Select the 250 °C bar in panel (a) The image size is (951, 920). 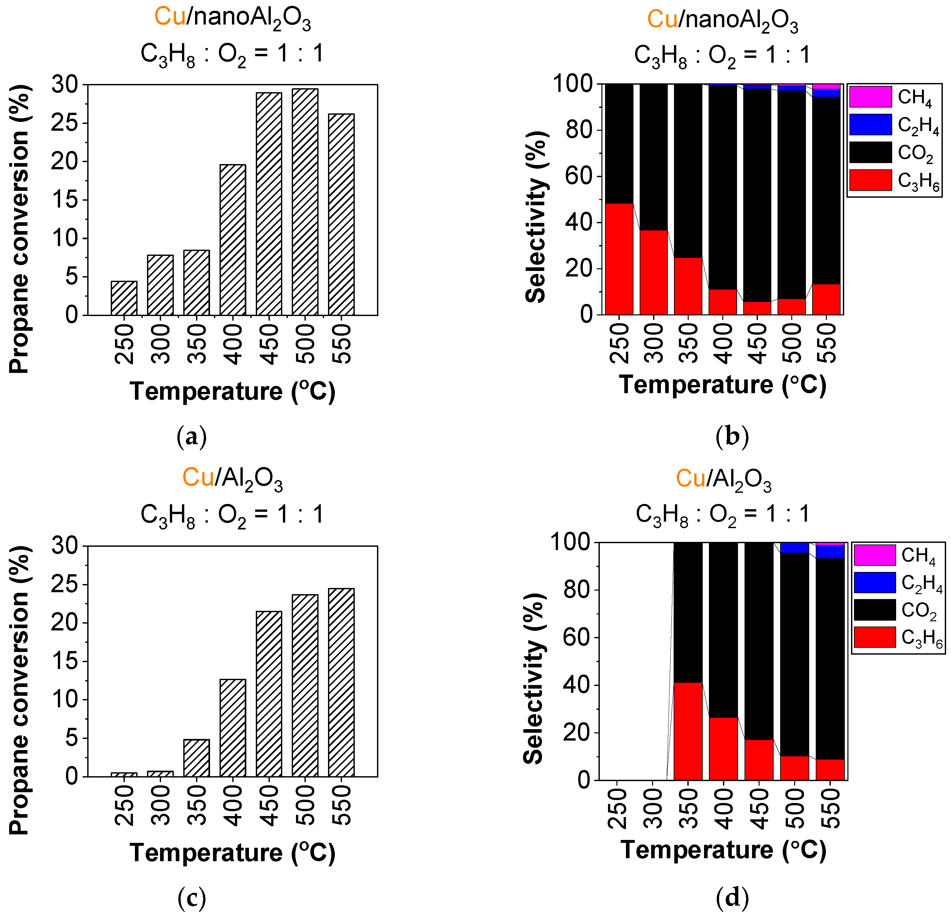tap(124, 298)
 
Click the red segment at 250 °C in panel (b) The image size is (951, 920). tap(619, 259)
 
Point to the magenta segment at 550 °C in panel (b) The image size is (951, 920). tap(826, 86)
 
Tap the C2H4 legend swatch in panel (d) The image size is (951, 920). tap(874, 582)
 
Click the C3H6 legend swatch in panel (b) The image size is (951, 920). tap(870, 180)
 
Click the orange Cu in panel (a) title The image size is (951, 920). tap(170, 17)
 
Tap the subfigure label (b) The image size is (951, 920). tap(732, 436)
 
